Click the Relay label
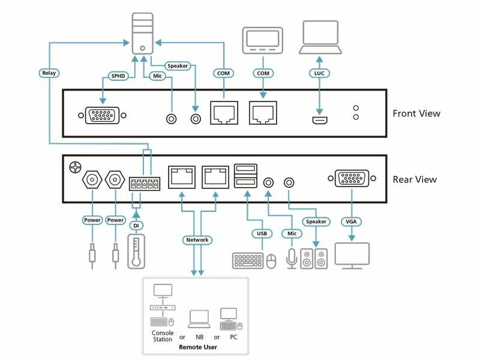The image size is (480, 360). click(49, 73)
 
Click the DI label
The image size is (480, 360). click(136, 225)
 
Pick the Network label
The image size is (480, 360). click(197, 240)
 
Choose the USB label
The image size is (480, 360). click(262, 233)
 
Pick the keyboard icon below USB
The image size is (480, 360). click(247, 260)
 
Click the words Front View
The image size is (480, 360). click(416, 113)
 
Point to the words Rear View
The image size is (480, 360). click(415, 179)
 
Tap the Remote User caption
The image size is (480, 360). click(197, 347)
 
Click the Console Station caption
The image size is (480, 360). click(163, 337)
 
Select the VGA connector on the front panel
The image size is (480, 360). click(103, 115)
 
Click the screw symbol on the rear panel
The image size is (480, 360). click(75, 166)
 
